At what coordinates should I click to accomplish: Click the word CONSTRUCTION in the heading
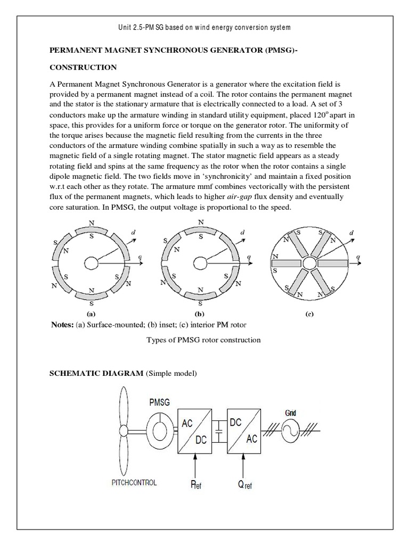click(83, 68)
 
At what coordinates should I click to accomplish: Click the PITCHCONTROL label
click(134, 483)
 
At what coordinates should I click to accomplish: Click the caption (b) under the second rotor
click(200, 313)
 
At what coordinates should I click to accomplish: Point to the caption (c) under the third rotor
click(308, 314)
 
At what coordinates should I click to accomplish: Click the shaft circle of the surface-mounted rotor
click(91, 262)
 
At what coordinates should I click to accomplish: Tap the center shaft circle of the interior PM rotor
click(309, 262)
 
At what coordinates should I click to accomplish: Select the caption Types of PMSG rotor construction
click(203, 340)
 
